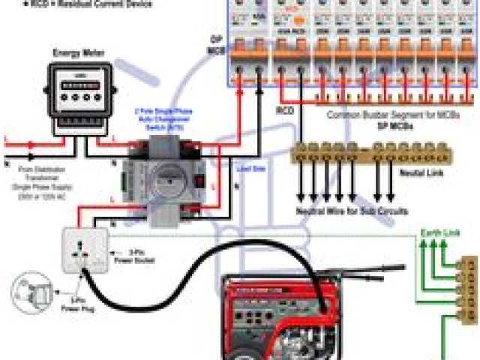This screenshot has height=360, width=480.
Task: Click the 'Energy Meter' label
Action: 79,53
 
